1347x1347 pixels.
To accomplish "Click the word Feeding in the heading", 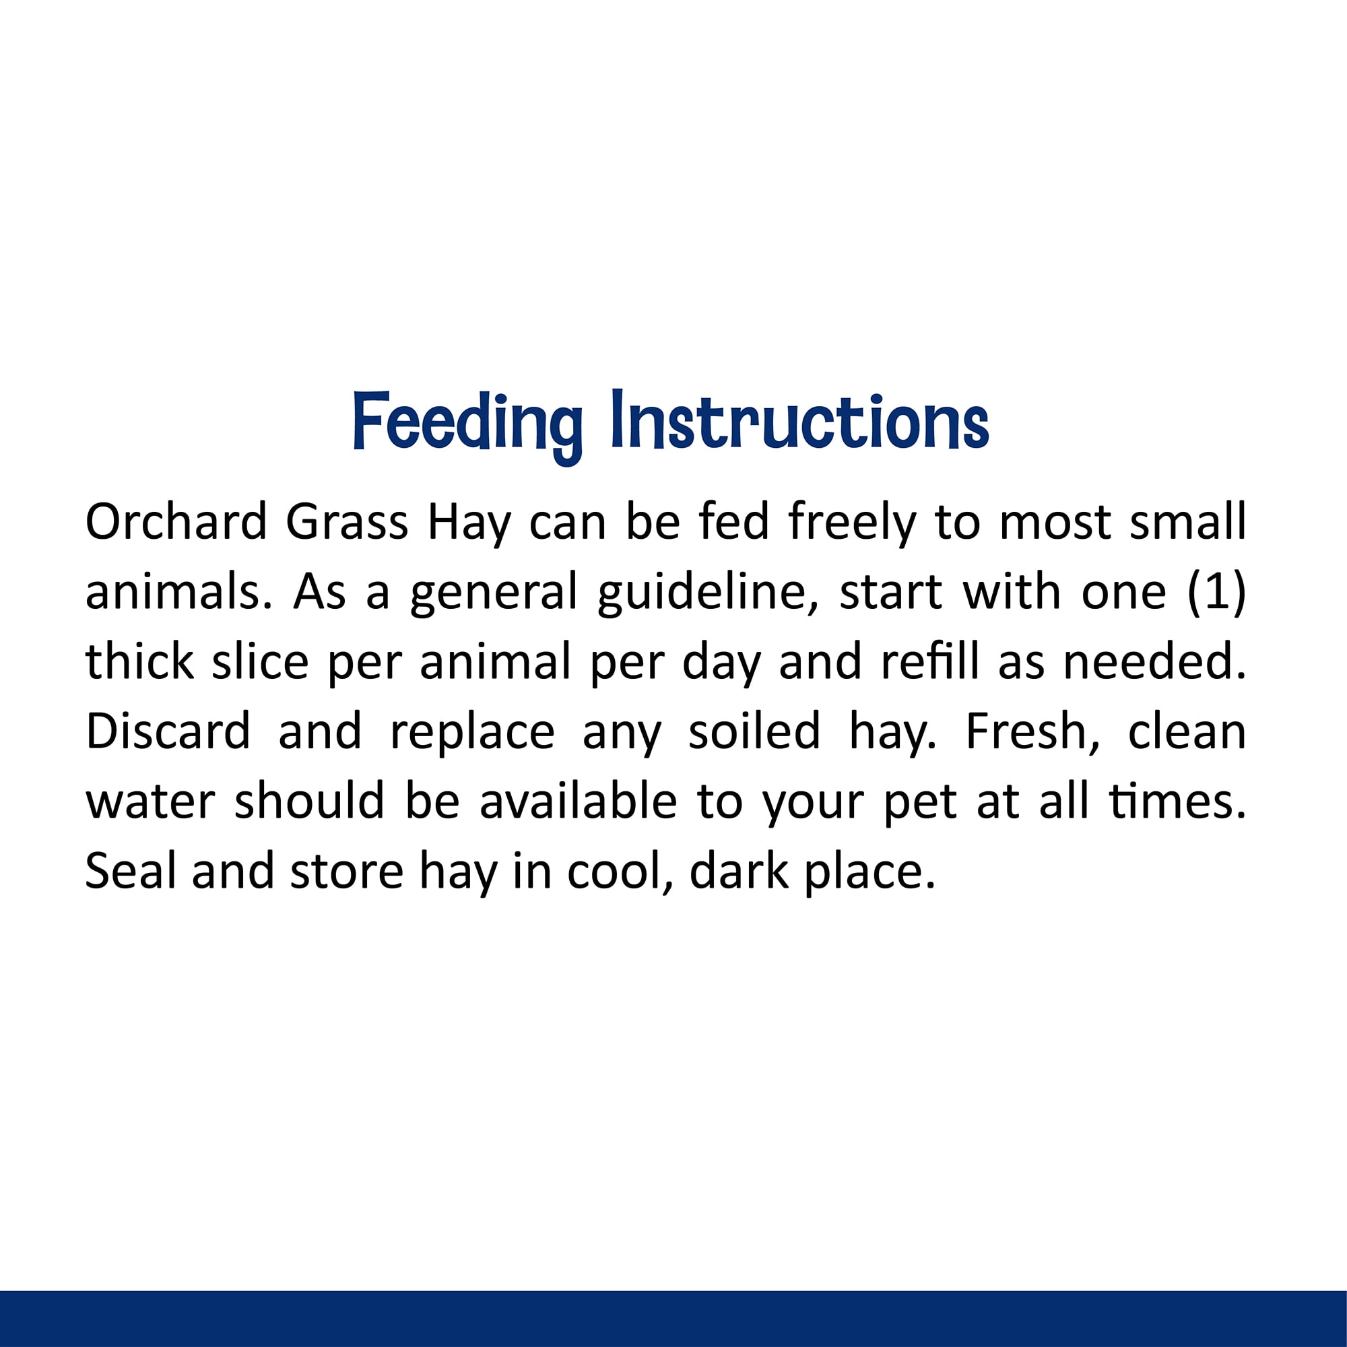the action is coord(467,424).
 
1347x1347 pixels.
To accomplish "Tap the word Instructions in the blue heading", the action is coord(799,420).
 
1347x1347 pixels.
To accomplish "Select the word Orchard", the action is coord(176,521).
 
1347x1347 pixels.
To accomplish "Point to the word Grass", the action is coord(346,521).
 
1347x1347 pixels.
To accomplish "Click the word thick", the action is coord(139,660).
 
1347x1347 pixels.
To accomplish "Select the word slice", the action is coord(260,660).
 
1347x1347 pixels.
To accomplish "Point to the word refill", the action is coord(931,660).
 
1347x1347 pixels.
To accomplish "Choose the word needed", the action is coord(1154,660).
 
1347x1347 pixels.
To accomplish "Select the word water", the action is coord(150,801).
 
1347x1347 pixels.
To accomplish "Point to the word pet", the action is coord(920,806).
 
